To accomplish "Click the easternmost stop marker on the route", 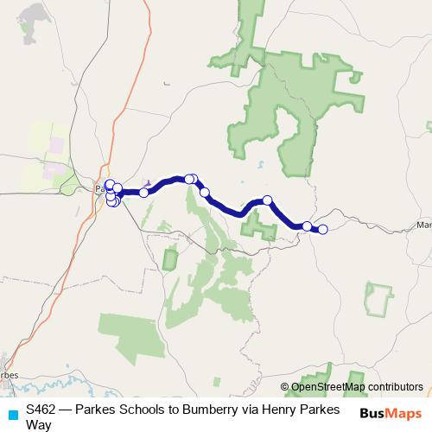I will pos(323,229).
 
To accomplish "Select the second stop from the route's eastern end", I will pos(307,226).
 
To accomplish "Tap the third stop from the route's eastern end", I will pos(268,200).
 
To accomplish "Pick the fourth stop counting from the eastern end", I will pos(205,192).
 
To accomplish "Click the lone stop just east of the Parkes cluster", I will pos(143,192).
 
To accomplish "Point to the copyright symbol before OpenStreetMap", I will pos(285,386).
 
